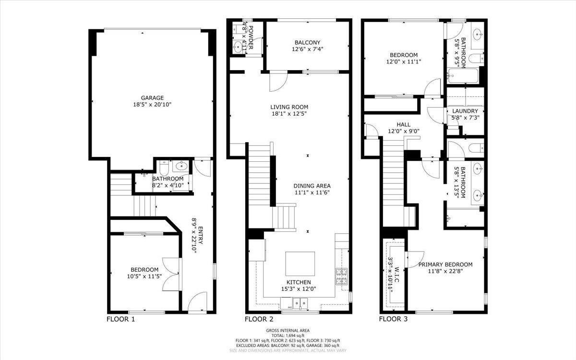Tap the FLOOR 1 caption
pos(120,319)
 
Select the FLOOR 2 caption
pos(259,319)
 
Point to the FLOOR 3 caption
pos(393,319)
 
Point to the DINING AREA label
pos(312,186)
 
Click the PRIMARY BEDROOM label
pos(445,264)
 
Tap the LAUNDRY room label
pos(465,111)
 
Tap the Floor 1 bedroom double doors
pos(172,274)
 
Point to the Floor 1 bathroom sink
pos(181,167)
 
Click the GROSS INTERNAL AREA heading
pos(288,330)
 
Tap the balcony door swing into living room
pos(277,81)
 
